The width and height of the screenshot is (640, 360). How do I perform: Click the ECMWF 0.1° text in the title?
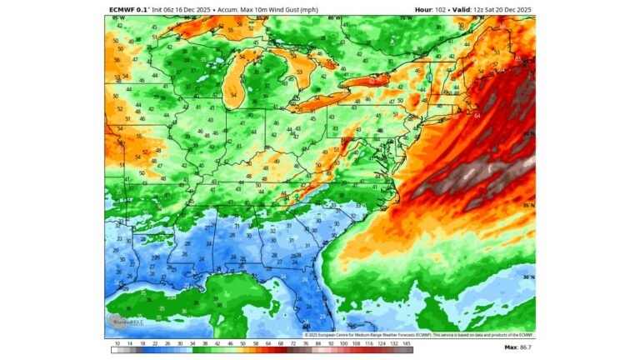128,8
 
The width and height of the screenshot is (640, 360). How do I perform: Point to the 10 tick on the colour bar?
117,344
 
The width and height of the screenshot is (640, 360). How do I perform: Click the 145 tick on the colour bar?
407,344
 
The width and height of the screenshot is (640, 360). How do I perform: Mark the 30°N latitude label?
528,277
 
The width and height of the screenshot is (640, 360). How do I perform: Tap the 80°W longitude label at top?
333,17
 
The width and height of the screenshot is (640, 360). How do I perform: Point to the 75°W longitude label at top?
407,17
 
